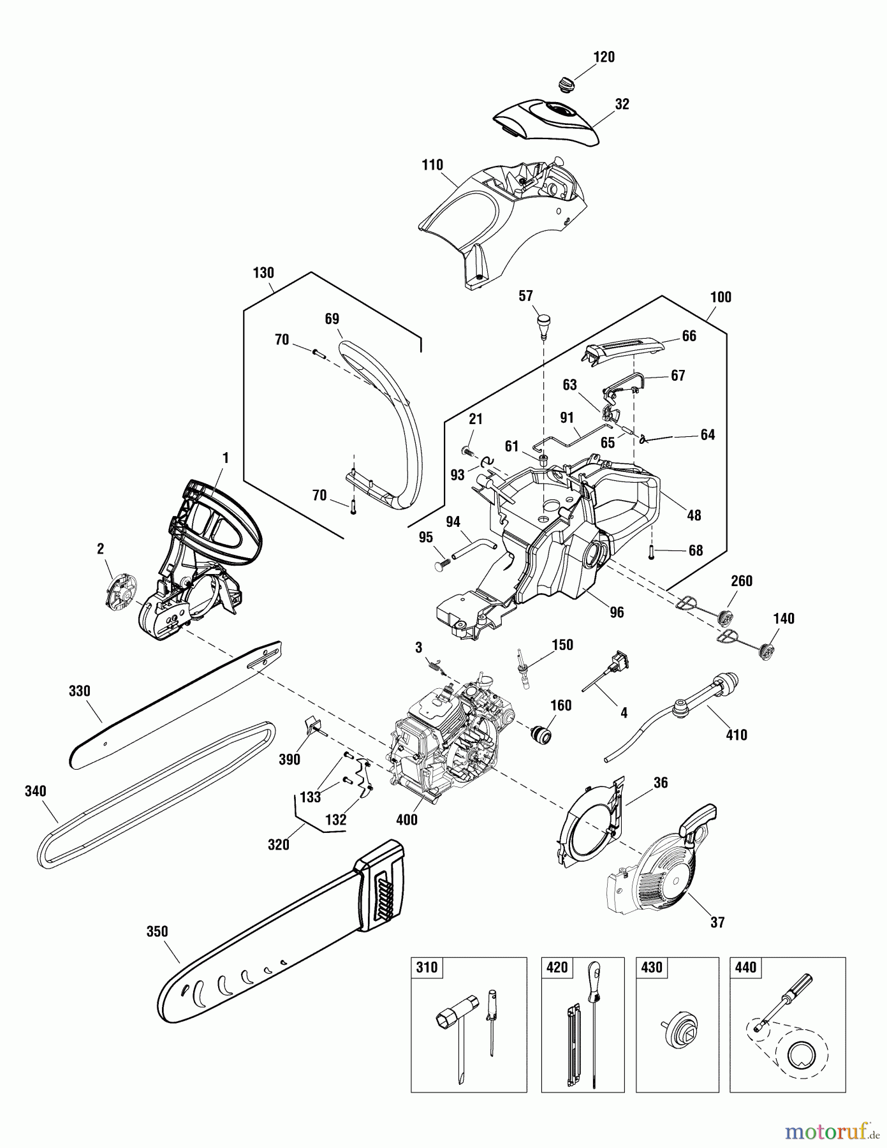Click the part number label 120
604,57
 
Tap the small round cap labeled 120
566,83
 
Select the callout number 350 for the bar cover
157,931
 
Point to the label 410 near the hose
737,735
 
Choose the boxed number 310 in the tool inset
427,967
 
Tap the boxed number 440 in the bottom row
745,967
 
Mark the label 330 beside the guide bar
80,691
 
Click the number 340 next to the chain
35,791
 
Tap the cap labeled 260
725,617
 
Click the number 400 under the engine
407,820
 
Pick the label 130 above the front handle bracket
263,273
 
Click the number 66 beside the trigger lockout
689,335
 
